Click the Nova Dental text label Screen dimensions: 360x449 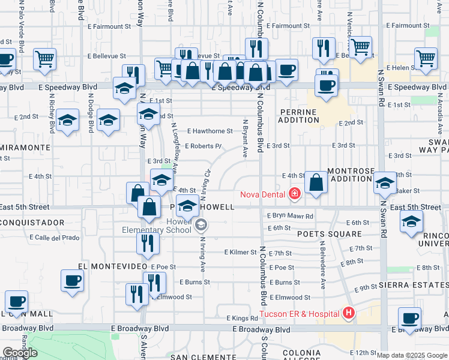pos(263,194)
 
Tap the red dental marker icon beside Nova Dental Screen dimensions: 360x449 pos(294,193)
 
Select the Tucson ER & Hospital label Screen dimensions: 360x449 pos(300,313)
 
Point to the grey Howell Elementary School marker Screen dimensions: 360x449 pos(201,226)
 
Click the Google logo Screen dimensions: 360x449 pos(20,353)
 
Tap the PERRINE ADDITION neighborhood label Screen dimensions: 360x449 pos(298,116)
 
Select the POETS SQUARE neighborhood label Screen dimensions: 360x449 pos(328,234)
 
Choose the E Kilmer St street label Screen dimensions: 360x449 pos(240,253)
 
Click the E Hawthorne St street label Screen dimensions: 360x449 pos(209,131)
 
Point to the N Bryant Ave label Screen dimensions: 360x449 pos(245,139)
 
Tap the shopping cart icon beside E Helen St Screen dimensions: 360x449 pos(426,59)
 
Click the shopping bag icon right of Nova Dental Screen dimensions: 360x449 pos(316,182)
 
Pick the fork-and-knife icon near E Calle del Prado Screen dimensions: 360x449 pos(145,244)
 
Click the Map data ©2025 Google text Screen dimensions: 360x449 pos(411,355)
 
